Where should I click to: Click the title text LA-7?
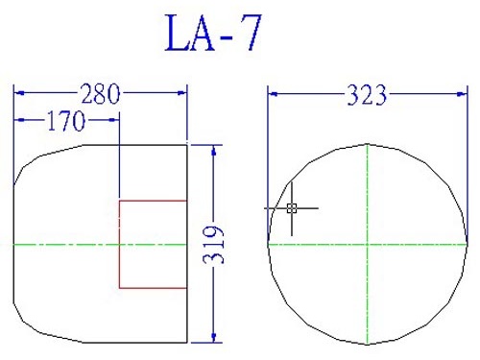(x=213, y=33)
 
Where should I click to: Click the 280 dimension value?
(x=101, y=94)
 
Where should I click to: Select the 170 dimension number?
(x=66, y=121)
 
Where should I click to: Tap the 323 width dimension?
(x=367, y=95)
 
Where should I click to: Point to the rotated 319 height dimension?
(x=213, y=245)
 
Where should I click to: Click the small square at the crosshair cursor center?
(x=292, y=208)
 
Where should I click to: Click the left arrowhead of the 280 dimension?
(x=20, y=93)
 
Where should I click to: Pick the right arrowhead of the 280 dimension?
(x=181, y=93)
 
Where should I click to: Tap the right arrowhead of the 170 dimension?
(x=113, y=120)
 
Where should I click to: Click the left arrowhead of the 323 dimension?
(x=274, y=94)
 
